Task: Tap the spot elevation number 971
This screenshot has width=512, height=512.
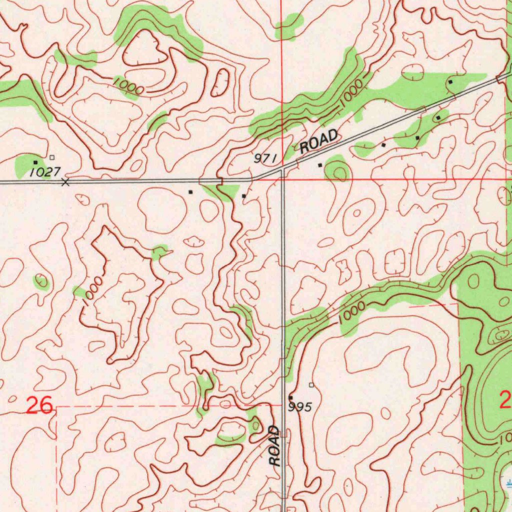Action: pyautogui.click(x=265, y=158)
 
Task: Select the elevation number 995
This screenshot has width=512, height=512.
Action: pyautogui.click(x=300, y=407)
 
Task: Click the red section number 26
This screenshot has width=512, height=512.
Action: pyautogui.click(x=40, y=405)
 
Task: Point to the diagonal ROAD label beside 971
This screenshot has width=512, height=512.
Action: pyautogui.click(x=319, y=140)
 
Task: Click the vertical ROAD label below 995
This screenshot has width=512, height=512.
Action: pyautogui.click(x=274, y=446)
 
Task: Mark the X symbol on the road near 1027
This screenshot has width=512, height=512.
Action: pyautogui.click(x=65, y=182)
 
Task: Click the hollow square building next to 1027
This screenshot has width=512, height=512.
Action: pyautogui.click(x=52, y=157)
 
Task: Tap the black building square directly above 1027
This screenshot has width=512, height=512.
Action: pyautogui.click(x=35, y=162)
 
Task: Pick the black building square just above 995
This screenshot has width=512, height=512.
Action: pyautogui.click(x=290, y=397)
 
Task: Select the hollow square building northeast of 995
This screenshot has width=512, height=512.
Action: pyautogui.click(x=311, y=385)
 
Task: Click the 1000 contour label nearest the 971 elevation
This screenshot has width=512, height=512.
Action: pyautogui.click(x=350, y=93)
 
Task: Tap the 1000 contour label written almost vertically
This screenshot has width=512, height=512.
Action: pyautogui.click(x=93, y=289)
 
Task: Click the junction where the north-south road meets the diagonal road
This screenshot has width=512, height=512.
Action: pyautogui.click(x=282, y=170)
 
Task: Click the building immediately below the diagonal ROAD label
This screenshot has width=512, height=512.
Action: pyautogui.click(x=320, y=164)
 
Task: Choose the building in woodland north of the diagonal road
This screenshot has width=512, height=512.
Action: pyautogui.click(x=450, y=81)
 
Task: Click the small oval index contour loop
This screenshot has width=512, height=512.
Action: pyautogui.click(x=220, y=82)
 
